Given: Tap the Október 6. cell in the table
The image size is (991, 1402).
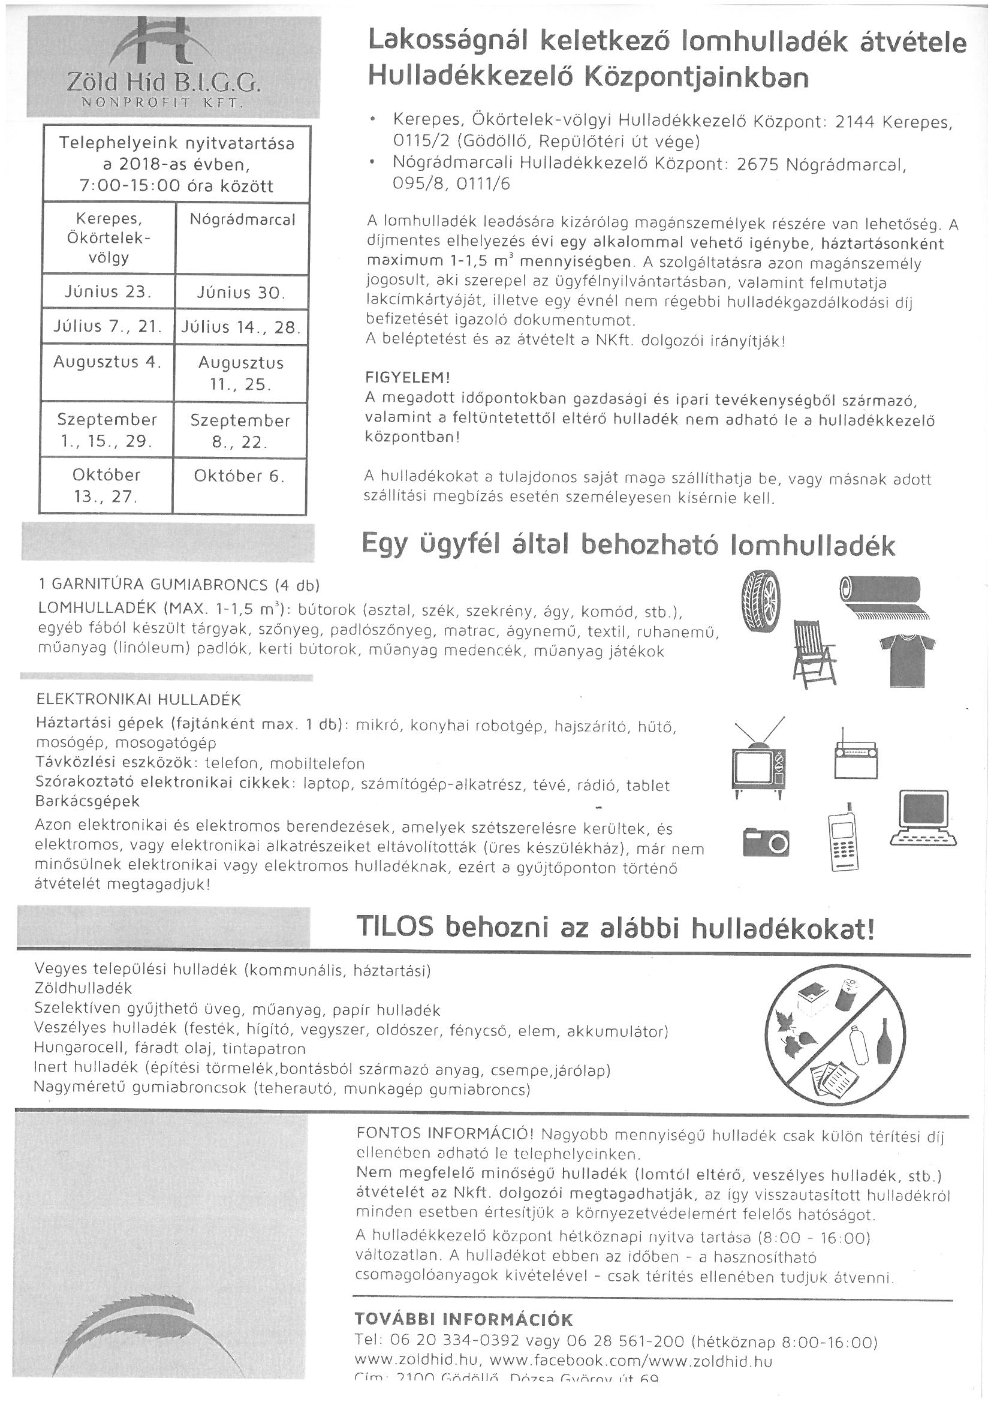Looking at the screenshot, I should coord(239,476).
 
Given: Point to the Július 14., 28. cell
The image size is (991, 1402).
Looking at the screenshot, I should coord(240,327).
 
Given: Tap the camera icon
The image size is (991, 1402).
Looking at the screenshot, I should coord(766,842).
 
